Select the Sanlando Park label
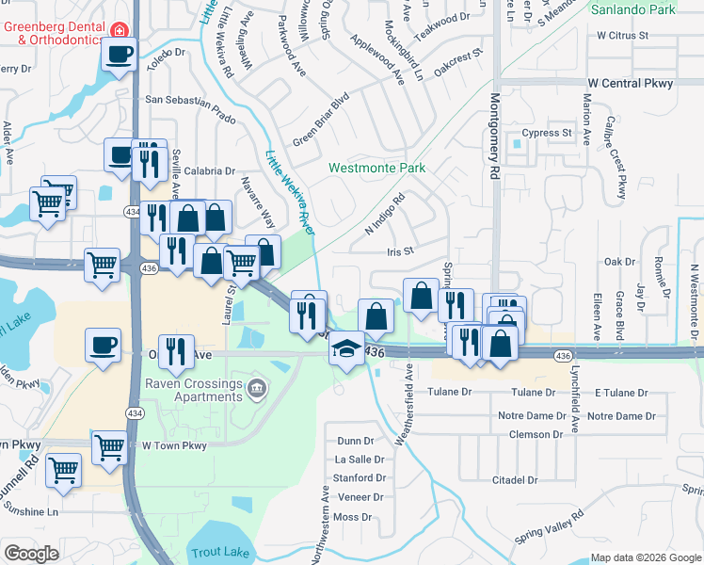coord(634,9)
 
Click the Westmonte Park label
coord(376,169)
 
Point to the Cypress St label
coord(548,134)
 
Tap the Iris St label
coord(400,251)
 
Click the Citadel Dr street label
coord(514,480)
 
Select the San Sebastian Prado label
coord(190,99)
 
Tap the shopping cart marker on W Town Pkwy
coord(110,445)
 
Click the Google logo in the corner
coord(31,554)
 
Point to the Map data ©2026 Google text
coord(645,557)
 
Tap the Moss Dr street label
coord(353,517)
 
